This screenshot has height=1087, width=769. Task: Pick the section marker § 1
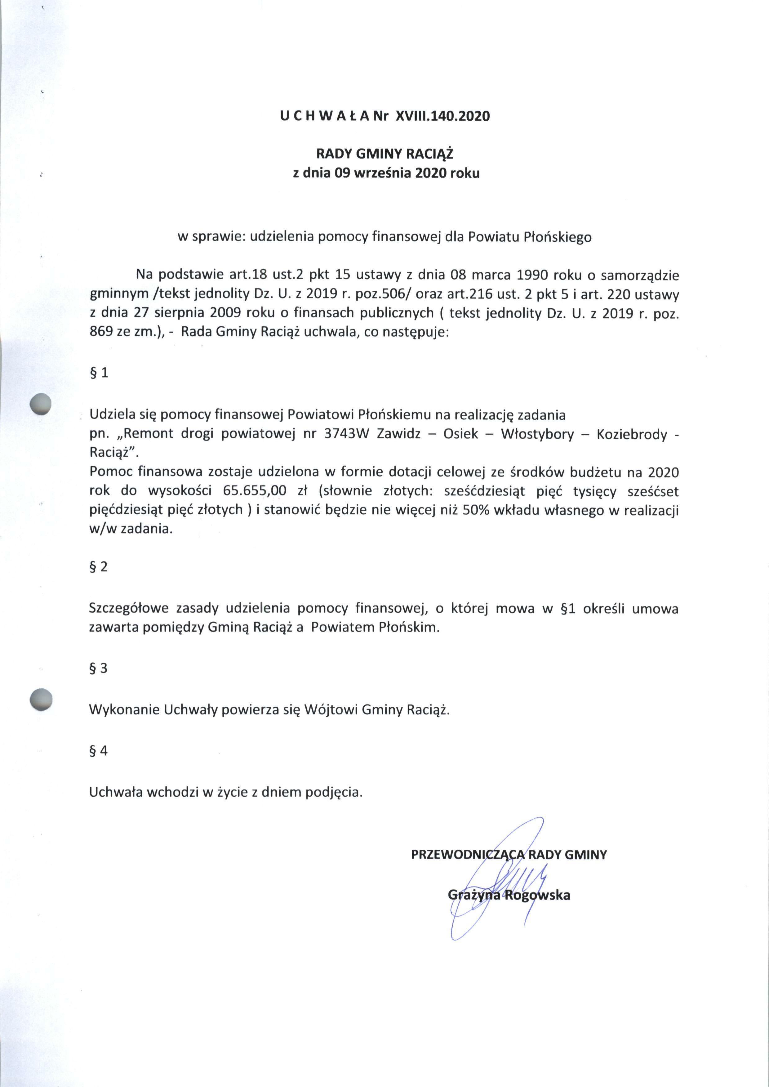[99, 373]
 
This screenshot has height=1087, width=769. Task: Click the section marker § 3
[99, 668]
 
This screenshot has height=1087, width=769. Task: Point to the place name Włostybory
[537, 434]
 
